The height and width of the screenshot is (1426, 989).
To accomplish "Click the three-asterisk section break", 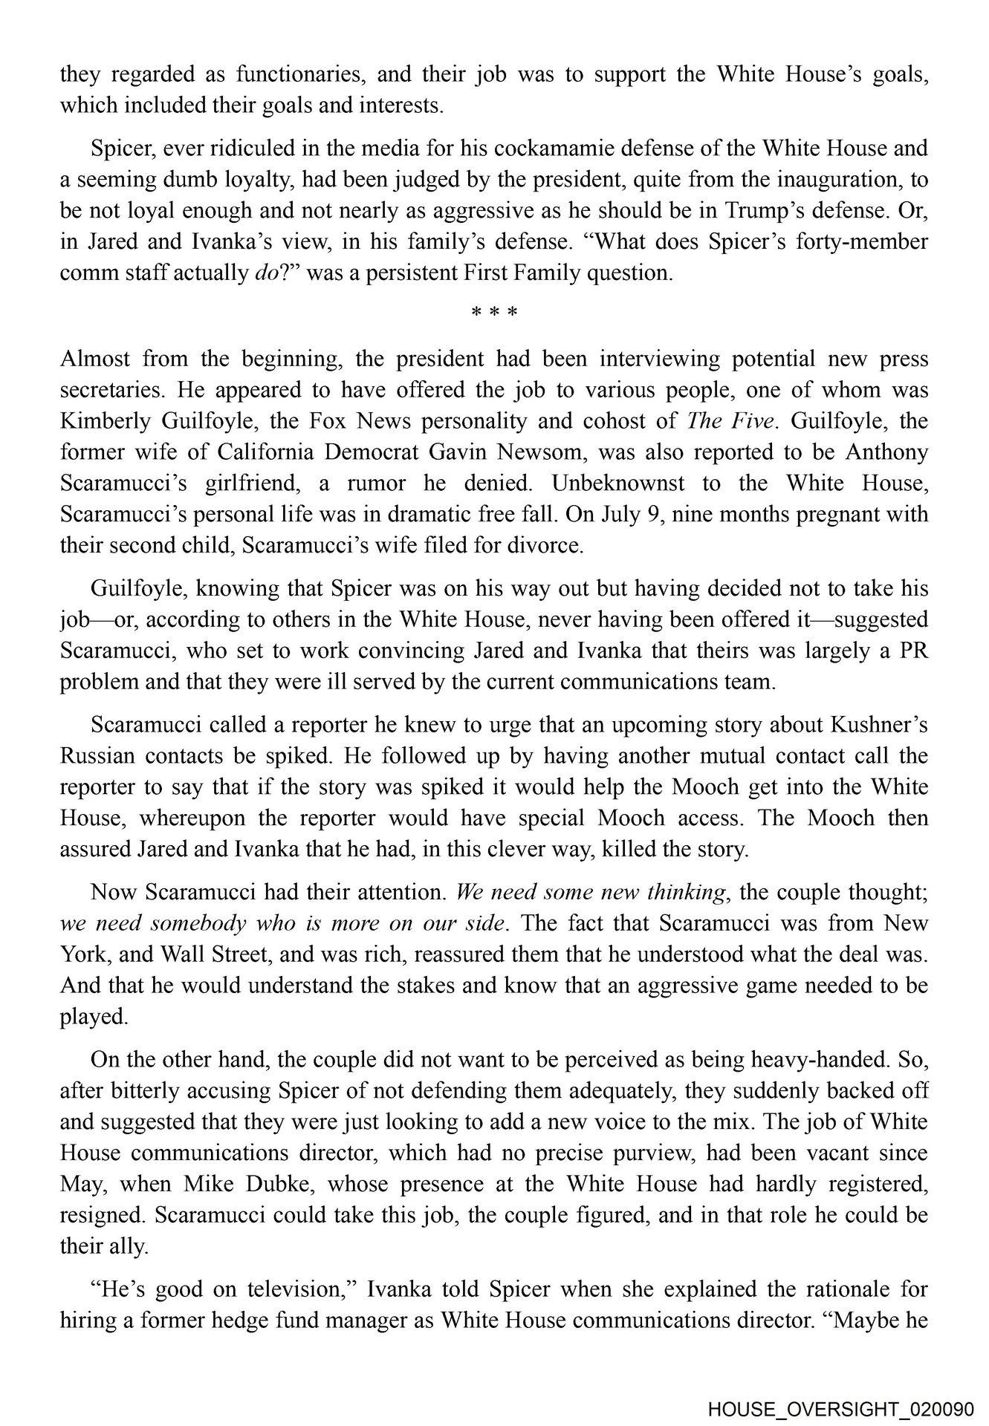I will [494, 313].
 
